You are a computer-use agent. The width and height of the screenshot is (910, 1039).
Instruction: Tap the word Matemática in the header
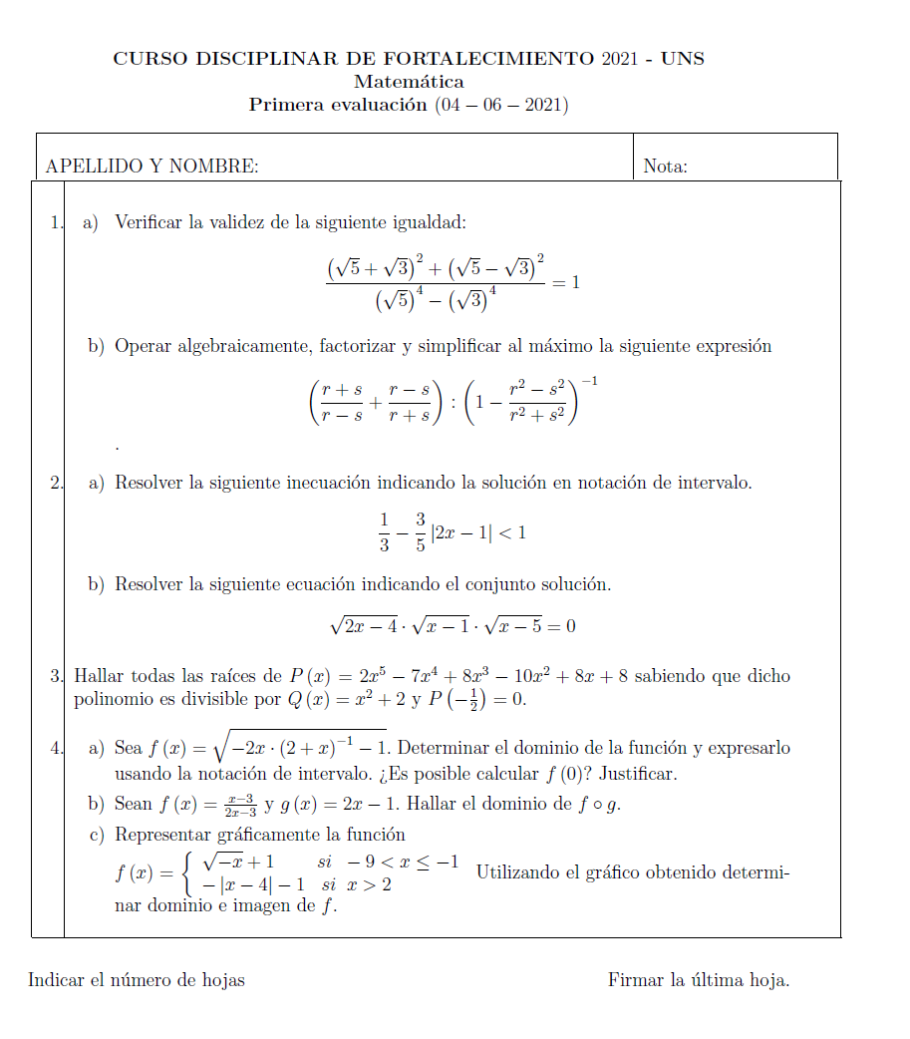coord(409,82)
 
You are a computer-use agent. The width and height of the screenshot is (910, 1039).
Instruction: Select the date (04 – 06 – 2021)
coord(501,105)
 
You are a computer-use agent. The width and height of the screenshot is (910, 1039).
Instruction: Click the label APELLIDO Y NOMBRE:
coord(152,167)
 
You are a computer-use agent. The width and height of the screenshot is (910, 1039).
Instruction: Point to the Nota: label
coord(665,167)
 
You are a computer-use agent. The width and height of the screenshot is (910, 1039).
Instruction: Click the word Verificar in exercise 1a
coord(148,222)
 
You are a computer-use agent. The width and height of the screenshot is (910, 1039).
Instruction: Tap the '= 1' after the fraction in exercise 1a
coord(566,282)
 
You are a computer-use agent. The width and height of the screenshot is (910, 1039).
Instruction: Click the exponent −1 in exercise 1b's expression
coord(588,382)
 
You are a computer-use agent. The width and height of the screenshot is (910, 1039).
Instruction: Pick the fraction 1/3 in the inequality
coord(385,532)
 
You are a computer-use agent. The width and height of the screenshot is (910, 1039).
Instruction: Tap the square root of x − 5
coord(518,626)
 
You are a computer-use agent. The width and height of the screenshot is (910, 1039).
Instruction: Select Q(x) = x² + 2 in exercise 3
coord(344,700)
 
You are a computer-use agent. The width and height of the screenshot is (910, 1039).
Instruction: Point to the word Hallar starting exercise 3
coord(99,677)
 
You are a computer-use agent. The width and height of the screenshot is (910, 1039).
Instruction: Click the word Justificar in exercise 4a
coord(643,774)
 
